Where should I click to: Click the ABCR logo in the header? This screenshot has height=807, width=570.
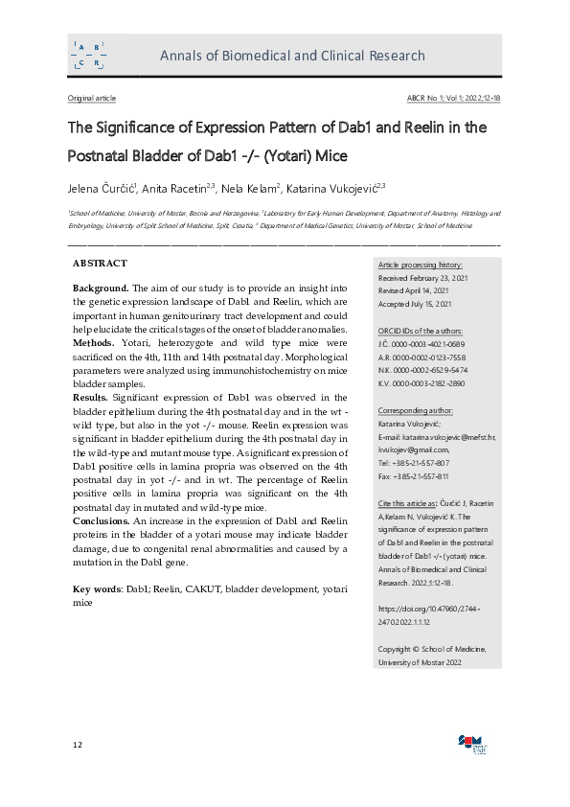pos(89,55)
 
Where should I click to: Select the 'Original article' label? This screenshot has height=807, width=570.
pos(92,99)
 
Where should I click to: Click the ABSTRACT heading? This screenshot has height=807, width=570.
pos(100,263)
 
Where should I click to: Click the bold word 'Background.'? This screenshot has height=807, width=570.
pos(101,288)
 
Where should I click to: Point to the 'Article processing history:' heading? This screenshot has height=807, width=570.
pos(421,265)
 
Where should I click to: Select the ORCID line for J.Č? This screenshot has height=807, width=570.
pos(422,344)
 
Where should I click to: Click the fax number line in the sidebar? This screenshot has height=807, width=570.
pos(414,475)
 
